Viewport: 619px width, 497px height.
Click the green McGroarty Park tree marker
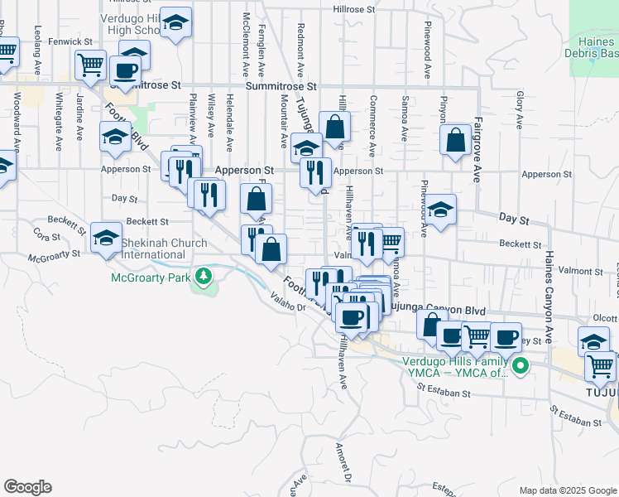[202, 277]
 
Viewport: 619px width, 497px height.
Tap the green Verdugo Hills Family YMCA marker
[520, 365]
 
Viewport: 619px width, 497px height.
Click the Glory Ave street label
[520, 110]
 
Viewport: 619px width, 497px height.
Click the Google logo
[26, 487]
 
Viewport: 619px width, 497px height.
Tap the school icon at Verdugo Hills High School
[175, 23]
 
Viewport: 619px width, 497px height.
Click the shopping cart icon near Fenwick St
[90, 63]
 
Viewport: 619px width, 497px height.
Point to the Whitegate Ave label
[59, 120]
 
